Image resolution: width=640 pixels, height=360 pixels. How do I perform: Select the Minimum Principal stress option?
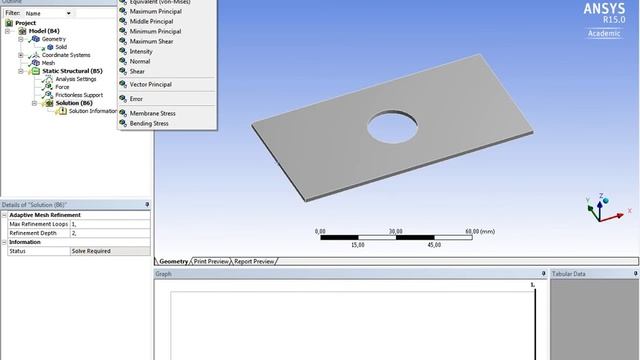point(155,31)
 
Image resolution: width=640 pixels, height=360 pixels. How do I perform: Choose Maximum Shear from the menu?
point(152,41)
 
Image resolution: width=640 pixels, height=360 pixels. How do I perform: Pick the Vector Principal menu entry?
point(152,85)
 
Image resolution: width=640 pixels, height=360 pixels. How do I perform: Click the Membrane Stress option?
point(152,114)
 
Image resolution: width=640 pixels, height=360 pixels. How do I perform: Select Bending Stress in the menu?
point(149,124)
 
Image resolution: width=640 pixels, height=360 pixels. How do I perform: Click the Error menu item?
point(137,99)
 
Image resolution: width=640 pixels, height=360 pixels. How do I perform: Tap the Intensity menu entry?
point(141,51)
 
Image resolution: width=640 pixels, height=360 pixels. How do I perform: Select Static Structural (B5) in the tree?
point(68,71)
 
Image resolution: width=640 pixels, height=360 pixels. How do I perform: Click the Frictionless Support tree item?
point(81,95)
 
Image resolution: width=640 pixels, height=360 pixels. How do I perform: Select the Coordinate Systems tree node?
point(65,55)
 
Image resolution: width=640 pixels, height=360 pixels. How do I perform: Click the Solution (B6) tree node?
point(74,103)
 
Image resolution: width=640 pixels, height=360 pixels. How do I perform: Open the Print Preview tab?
point(211,261)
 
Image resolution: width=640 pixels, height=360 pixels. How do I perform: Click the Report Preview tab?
point(255,261)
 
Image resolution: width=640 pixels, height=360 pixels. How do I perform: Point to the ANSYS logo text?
point(604,9)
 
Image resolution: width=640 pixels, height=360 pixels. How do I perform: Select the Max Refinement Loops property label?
point(39,224)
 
